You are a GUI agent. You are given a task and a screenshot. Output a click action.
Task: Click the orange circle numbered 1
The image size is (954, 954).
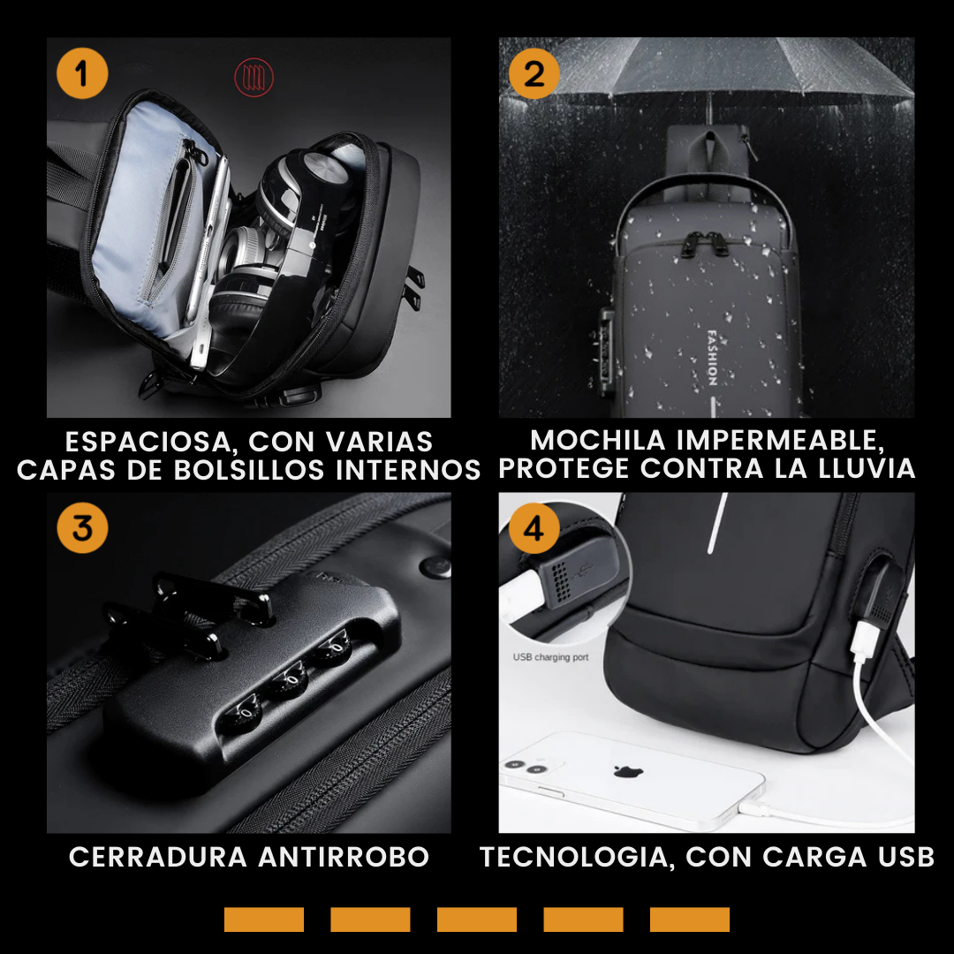(82, 73)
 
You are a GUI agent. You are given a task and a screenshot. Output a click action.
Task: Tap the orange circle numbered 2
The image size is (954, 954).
(534, 73)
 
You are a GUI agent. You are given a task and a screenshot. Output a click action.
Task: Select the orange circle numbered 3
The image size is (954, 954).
(82, 527)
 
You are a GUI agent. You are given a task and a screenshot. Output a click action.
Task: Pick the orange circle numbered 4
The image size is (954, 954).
(534, 527)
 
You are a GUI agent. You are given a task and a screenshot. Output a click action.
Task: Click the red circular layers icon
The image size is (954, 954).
(254, 77)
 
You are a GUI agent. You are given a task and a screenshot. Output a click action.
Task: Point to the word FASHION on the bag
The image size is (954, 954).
(713, 358)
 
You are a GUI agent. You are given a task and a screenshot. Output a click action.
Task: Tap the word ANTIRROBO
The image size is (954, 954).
(344, 857)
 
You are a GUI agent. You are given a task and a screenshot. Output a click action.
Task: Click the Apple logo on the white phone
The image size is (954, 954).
(629, 771)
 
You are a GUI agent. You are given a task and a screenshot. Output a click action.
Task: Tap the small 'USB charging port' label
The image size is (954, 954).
(550, 657)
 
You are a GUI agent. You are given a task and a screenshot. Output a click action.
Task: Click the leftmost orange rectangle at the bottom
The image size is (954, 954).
(264, 920)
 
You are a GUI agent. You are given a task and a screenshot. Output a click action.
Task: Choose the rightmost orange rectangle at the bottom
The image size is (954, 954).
(690, 920)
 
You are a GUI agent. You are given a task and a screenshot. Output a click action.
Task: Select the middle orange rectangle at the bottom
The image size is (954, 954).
(477, 920)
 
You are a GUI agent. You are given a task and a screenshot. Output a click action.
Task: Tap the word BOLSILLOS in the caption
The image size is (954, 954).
(249, 470)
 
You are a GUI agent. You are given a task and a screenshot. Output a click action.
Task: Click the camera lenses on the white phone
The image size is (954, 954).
(526, 767)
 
